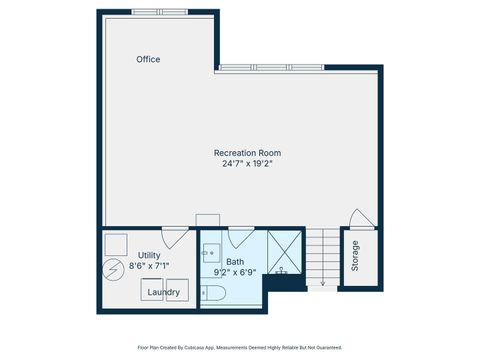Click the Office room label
(148, 60)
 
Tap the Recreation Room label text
(247, 152)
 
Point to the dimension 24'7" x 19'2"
(247, 163)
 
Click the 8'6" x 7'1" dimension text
(149, 266)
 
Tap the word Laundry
(163, 292)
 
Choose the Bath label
(235, 261)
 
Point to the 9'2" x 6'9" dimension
(237, 272)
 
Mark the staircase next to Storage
(322, 258)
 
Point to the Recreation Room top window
(272, 67)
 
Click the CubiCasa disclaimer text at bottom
(240, 347)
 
